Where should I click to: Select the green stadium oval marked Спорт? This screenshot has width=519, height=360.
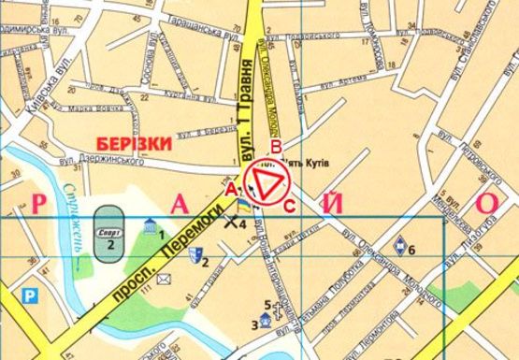pyautogui.click(x=109, y=228)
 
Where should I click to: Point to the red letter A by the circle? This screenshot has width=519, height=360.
pyautogui.click(x=229, y=189)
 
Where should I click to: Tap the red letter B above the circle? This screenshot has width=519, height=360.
pyautogui.click(x=275, y=145)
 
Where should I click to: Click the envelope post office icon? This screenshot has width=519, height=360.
pyautogui.click(x=163, y=278)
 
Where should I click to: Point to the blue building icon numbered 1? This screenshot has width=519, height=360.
pyautogui.click(x=151, y=224)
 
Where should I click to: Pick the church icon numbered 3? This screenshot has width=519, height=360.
pyautogui.click(x=266, y=321)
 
